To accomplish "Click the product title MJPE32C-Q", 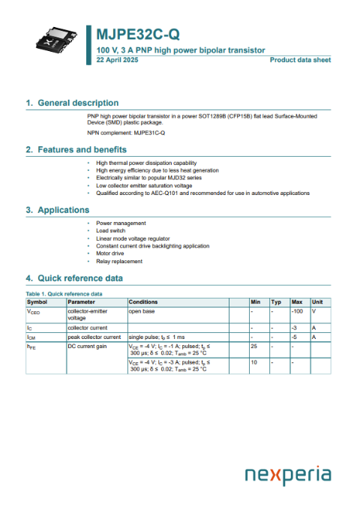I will pos(137,35).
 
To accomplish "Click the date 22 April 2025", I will pos(118,58).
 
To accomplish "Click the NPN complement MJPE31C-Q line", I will pos(126,132).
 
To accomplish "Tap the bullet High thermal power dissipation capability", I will pos(146,163).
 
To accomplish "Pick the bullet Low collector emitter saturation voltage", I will pos(144,185).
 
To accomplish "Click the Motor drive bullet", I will pos(110,253).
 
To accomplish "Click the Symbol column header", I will pos(37,301).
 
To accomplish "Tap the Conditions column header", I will pos(143,301).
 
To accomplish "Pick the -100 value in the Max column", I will pos(298,310).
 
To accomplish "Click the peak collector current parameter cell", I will pos(94,337).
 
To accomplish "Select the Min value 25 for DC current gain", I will pos(254,346).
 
